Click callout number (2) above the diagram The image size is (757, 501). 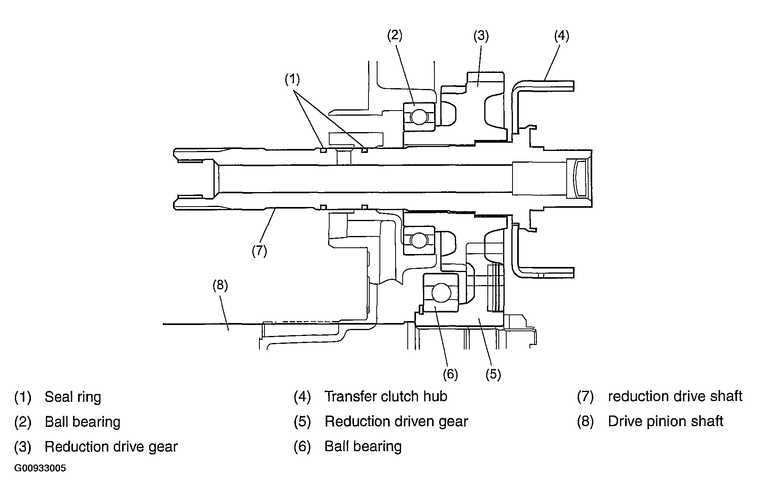click(x=395, y=36)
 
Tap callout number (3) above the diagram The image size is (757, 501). click(x=481, y=36)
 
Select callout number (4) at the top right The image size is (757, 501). click(x=562, y=36)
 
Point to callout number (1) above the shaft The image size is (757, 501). click(x=292, y=80)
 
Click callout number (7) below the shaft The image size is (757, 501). click(x=259, y=250)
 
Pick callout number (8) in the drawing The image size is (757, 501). click(x=220, y=285)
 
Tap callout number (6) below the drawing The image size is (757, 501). click(x=451, y=374)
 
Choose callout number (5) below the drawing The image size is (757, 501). click(x=493, y=374)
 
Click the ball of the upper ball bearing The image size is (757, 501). click(x=419, y=117)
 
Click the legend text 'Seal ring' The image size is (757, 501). click(x=73, y=397)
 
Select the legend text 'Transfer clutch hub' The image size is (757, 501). click(x=386, y=396)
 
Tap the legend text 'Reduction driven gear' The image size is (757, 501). click(x=396, y=422)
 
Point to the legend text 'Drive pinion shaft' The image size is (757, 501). click(x=666, y=421)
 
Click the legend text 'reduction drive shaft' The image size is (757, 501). click(x=675, y=396)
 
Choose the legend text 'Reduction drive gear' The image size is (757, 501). click(x=111, y=447)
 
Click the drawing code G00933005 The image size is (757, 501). click(x=40, y=468)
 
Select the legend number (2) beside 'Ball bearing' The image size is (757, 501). click(x=23, y=422)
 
